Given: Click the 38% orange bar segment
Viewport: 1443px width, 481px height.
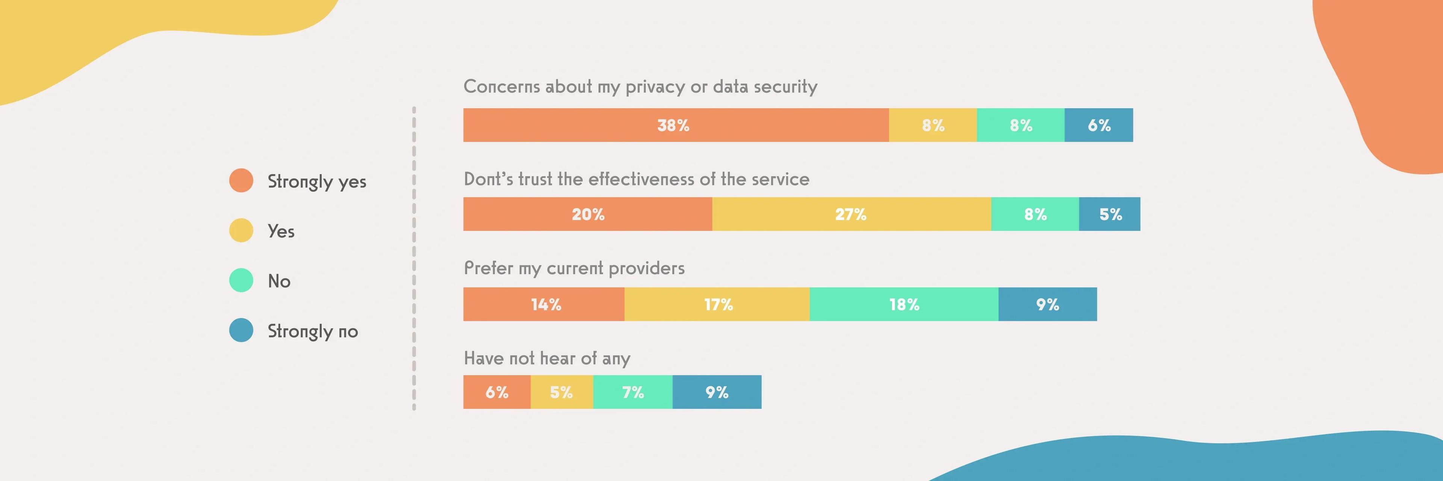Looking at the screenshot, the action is coord(676,125).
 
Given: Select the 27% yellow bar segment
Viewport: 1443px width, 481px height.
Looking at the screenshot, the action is coord(852,214).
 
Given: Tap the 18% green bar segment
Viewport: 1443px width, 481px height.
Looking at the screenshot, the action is coord(904,304).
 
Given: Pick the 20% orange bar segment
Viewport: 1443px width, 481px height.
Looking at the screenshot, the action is coord(588,214).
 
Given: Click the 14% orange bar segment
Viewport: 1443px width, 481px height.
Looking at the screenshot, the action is coord(544,304).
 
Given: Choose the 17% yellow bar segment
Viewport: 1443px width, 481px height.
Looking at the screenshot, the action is coord(717,304).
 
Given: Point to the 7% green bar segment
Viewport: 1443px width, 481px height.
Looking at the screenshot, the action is coord(633,392).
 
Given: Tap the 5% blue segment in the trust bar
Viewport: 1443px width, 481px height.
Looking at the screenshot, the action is coord(1110,214).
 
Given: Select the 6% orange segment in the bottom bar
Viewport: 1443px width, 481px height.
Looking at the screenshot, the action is coord(497,392).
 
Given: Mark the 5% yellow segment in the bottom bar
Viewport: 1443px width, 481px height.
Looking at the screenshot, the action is coord(562,392).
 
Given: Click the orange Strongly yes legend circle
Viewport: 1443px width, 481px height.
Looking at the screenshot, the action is coord(241,180).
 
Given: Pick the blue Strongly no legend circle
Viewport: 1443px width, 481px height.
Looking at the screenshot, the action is coord(241,330).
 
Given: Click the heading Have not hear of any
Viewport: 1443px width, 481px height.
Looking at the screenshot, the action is coord(547,358).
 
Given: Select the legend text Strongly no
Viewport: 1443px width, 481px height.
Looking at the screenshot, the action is coord(313,331).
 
